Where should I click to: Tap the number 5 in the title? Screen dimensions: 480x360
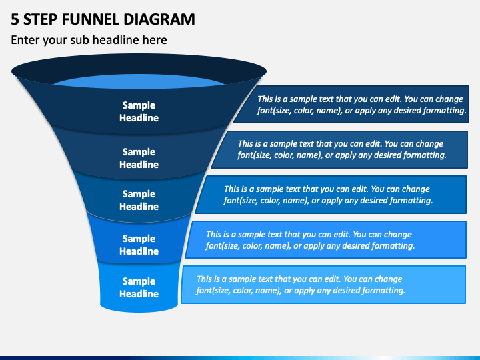[x=15, y=19]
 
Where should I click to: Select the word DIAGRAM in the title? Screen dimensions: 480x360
[x=159, y=19]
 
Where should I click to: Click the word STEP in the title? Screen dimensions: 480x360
[x=41, y=19]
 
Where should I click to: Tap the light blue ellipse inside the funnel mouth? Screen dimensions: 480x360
[x=139, y=81]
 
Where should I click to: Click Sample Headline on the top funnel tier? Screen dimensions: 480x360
[x=139, y=111]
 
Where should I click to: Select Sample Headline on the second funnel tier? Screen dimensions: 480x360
[x=139, y=158]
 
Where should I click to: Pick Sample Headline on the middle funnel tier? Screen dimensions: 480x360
[x=139, y=200]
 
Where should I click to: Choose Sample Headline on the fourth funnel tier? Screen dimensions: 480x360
[x=139, y=245]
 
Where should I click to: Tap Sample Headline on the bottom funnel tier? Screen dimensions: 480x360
[x=139, y=287]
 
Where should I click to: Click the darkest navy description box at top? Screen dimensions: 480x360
[x=352, y=105]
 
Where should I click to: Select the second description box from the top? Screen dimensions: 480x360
[x=341, y=150]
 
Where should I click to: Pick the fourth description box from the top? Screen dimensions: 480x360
[x=326, y=240]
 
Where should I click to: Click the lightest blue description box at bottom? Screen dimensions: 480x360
[x=324, y=285]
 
